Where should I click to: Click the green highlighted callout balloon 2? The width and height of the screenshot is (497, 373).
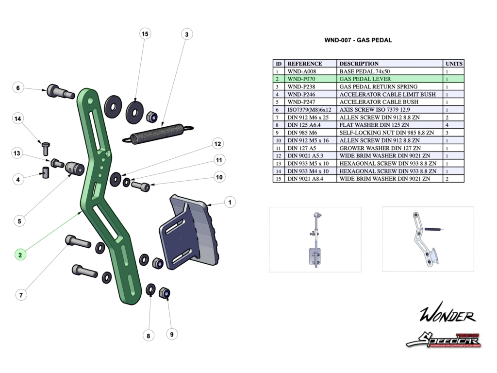(x=20, y=254)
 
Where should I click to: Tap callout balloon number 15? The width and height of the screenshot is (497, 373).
(x=144, y=34)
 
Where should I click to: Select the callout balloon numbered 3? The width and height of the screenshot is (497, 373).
(x=186, y=34)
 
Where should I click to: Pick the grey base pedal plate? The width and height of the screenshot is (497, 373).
(x=189, y=233)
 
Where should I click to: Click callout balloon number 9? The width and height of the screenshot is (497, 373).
(x=171, y=334)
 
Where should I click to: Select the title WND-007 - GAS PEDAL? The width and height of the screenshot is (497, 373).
(x=358, y=40)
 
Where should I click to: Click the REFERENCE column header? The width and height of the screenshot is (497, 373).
(x=305, y=64)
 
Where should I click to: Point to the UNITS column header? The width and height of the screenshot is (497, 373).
(x=454, y=64)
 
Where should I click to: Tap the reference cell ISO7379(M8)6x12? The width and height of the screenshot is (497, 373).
(x=309, y=110)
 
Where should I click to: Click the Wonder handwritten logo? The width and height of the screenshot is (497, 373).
(x=447, y=315)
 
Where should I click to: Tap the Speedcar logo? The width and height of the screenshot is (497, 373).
(x=443, y=340)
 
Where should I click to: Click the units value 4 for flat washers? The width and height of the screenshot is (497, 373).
(x=447, y=125)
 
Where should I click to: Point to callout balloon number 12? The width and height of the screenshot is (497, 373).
(x=217, y=144)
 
